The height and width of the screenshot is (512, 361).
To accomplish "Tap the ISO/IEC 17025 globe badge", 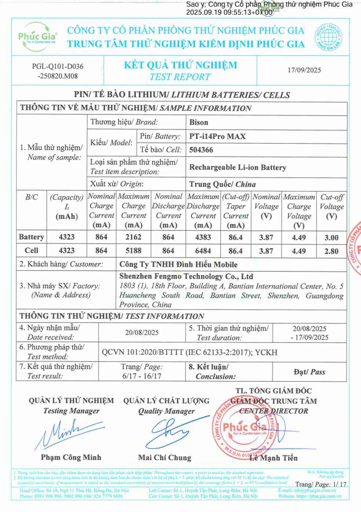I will click(328, 37).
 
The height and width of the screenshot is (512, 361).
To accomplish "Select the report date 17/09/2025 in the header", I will click(304, 70).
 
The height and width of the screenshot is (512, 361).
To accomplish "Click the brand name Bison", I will click(199, 122).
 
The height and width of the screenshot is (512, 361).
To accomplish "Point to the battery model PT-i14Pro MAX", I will click(217, 136).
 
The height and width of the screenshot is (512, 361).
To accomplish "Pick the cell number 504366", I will click(201, 150).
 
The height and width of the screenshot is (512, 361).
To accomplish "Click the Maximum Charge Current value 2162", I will click(133, 237).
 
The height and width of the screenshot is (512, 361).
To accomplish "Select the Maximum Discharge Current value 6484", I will click(203, 251).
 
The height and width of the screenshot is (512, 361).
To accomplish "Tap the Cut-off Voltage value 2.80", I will click(331, 251).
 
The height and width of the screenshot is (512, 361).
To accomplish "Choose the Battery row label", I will click(32, 237).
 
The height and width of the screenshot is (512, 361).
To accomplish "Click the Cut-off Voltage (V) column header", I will click(331, 206).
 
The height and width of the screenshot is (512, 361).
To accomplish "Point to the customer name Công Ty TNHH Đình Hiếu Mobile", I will click(178, 264).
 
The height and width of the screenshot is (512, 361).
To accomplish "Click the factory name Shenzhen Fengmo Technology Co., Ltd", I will click(186, 276).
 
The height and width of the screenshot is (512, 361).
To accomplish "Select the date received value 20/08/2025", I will click(142, 332).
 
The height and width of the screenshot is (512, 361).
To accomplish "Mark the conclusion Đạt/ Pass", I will click(309, 372).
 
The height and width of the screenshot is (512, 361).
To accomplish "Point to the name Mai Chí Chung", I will click(165, 457).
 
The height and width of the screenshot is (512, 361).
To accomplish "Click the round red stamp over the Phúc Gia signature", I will click(244, 429).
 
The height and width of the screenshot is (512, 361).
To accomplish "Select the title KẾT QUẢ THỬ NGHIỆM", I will click(180, 65).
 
